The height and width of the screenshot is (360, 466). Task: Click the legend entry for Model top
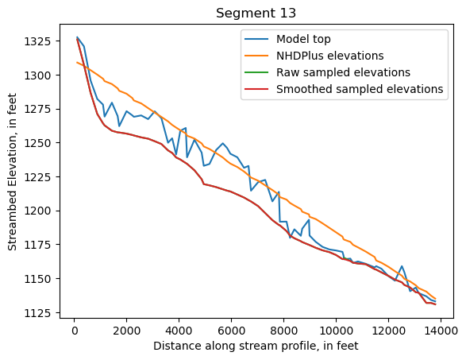[x=304, y=39]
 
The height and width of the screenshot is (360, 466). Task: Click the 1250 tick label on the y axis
[x=38, y=143]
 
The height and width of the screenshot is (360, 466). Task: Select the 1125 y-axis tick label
[x=38, y=312]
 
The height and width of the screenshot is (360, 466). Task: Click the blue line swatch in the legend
[x=257, y=39]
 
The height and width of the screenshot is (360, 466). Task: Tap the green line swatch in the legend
[x=257, y=72]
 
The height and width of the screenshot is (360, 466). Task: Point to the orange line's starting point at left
[x=77, y=62]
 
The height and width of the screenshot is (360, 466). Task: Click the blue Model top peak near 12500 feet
[x=402, y=266]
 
